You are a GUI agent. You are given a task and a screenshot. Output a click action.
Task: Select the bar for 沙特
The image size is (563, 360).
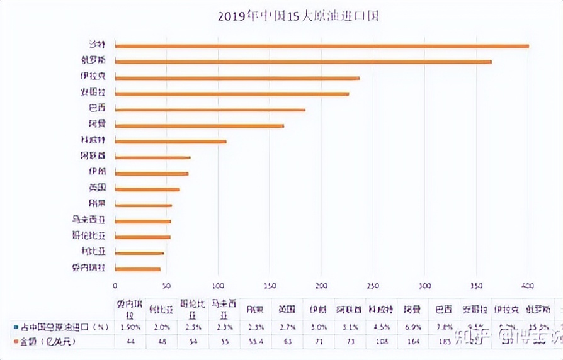tap(321, 46)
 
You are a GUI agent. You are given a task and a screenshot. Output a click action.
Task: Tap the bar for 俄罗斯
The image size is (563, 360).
tap(303, 62)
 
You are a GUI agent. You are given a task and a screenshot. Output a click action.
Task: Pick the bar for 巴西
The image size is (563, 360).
tap(210, 110)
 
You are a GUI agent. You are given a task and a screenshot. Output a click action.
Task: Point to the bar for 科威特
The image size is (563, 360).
tap(170, 142)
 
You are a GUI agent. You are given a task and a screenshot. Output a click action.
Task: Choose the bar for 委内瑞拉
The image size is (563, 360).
tap(137, 269)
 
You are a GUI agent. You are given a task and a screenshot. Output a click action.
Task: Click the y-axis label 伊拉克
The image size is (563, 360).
tap(93, 77)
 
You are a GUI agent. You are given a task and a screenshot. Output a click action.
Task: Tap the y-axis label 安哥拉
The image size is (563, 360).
tap(93, 93)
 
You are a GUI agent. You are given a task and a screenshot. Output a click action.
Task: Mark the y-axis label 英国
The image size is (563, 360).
tap(96, 188)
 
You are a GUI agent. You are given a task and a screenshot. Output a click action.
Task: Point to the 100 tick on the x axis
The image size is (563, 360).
tap(218, 284)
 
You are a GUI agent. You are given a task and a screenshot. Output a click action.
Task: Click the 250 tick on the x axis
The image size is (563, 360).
tap(373, 284)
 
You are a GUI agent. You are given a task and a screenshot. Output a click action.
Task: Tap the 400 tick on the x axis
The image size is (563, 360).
tap(528, 284)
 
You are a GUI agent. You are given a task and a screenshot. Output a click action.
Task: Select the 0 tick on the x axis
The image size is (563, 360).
tap(115, 284)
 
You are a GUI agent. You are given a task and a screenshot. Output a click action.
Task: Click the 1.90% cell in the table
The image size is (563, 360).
tap(130, 327)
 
